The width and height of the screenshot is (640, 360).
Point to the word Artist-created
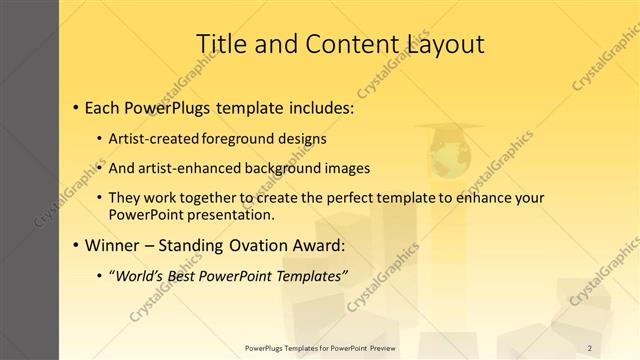(x=160, y=138)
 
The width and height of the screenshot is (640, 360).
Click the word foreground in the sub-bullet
(x=238, y=138)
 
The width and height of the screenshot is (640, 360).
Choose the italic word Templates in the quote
(x=310, y=275)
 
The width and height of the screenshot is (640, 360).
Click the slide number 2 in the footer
(x=590, y=347)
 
